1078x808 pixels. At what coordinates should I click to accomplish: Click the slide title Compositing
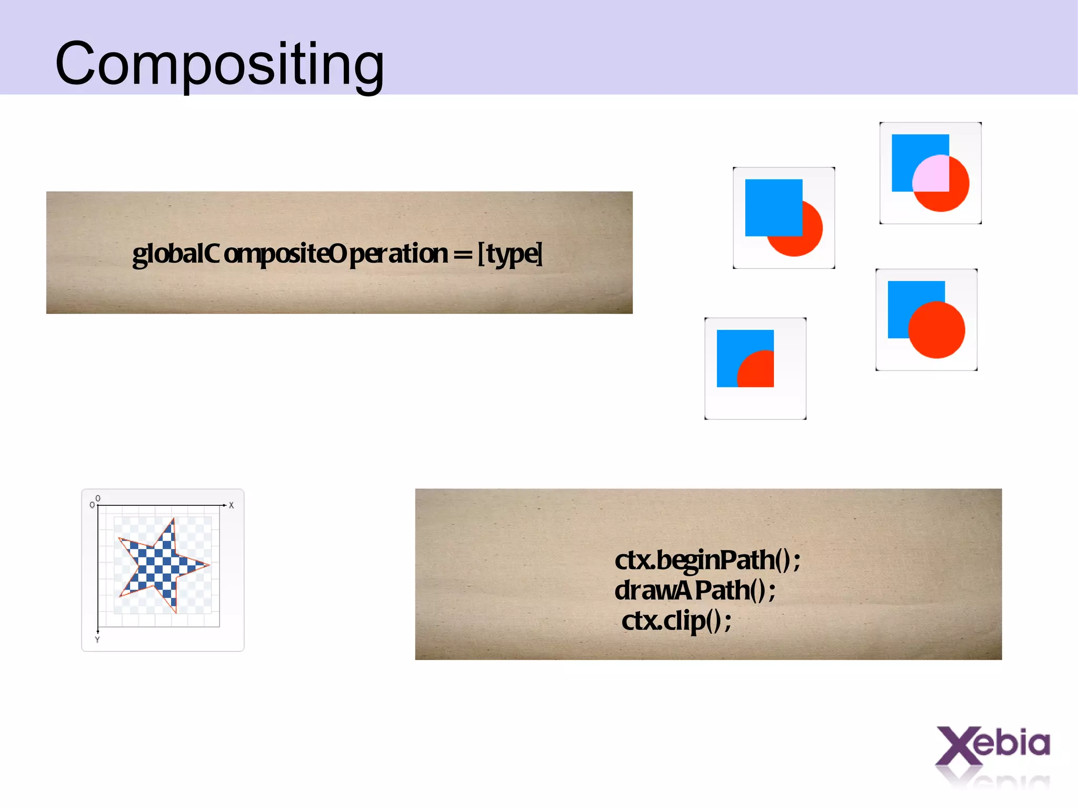[x=219, y=64]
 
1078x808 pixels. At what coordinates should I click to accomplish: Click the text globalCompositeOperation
[x=290, y=254]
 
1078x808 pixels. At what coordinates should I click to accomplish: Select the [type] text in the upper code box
[x=510, y=254]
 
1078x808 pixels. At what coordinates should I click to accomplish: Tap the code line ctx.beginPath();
[x=707, y=560]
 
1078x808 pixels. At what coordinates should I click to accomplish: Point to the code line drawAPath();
[x=695, y=590]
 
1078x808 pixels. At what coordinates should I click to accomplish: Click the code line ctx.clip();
[x=676, y=621]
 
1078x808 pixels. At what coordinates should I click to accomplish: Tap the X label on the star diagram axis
[x=231, y=505]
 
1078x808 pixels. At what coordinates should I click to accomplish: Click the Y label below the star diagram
[x=97, y=640]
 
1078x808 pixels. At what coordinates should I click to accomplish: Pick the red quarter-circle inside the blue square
[x=758, y=371]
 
